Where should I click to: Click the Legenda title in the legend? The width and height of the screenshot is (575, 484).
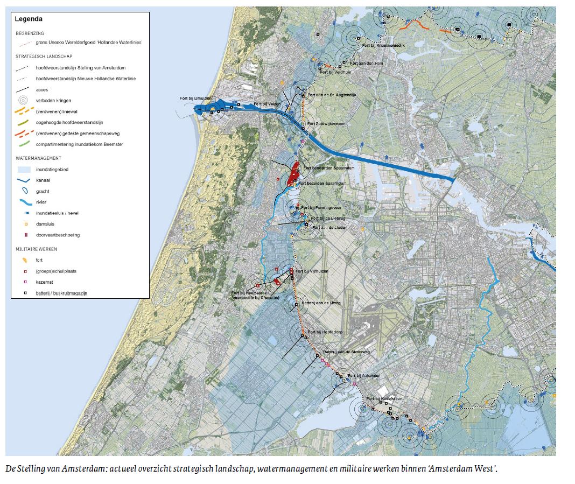pos(29,19)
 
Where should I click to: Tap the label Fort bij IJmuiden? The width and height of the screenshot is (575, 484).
pos(196,99)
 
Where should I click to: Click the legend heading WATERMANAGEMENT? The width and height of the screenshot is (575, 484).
pos(38,158)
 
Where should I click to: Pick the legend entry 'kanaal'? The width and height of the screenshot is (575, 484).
pos(44,180)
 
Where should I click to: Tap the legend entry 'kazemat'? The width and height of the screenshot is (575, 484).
pos(45,282)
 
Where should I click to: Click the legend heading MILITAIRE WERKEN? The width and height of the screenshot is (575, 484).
pos(37,249)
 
